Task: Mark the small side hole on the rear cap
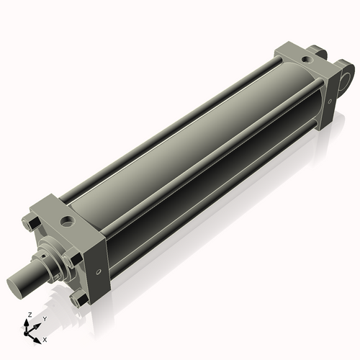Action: point(330,101)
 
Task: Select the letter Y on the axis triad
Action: point(45,318)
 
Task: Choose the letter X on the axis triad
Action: point(45,338)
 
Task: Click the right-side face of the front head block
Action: point(99,259)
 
